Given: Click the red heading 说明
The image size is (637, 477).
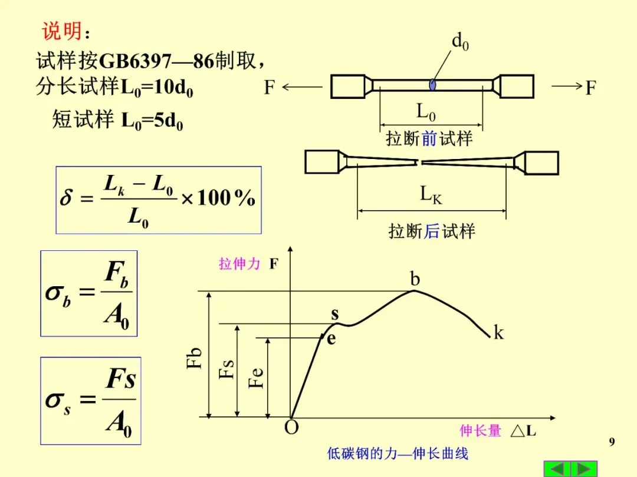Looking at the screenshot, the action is [61, 31].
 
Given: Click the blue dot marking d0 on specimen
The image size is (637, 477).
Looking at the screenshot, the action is [433, 85].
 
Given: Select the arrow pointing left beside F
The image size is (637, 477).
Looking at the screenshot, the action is [301, 88].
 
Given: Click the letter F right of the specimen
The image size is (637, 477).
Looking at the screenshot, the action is [590, 88].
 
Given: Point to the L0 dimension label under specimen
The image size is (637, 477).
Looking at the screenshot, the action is [431, 111].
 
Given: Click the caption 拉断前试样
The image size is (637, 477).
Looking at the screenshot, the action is [429, 139].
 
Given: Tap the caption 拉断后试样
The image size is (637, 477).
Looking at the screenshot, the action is [432, 231].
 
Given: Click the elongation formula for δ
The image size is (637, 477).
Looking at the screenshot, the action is [158, 200].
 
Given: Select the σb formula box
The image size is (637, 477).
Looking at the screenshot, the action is [88, 293].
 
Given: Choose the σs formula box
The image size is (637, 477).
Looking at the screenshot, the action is [90, 400].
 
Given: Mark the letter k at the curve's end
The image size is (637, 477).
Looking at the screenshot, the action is [499, 333].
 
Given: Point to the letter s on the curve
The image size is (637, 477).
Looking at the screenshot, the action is [334, 314].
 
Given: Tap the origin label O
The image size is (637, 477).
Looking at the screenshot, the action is [291, 428].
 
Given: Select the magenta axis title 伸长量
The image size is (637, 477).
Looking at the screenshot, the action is [480, 431].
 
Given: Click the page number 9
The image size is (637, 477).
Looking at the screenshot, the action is [612, 442].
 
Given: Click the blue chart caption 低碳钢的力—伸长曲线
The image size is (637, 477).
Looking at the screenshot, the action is [398, 454].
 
